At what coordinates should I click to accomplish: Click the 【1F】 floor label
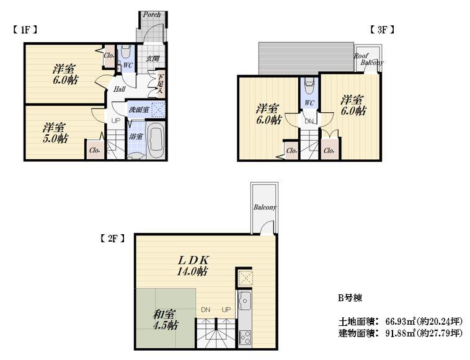[x=25, y=29]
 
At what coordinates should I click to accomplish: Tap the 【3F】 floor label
[x=382, y=29]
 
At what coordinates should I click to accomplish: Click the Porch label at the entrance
[x=152, y=14]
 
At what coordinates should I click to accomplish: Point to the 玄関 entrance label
[x=153, y=59]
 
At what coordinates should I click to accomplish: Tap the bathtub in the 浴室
[x=155, y=141]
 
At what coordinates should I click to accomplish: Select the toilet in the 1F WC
[x=125, y=51]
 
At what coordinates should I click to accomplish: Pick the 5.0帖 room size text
[x=56, y=139]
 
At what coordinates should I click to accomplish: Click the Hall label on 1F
[x=120, y=89]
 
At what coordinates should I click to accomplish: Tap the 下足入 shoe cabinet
[x=160, y=84]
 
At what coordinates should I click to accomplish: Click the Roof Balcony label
[x=368, y=59]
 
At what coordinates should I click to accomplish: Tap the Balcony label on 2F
[x=264, y=207]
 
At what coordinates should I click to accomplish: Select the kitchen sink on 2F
[x=244, y=302]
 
